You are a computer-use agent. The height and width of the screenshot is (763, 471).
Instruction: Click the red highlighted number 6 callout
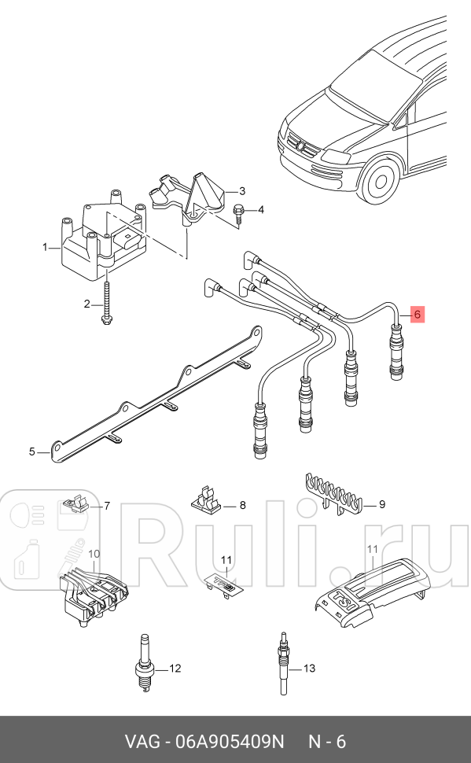pos(418,314)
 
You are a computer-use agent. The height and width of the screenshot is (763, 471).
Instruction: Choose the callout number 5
pos(32,452)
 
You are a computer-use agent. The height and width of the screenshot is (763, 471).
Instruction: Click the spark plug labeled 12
pos(143,668)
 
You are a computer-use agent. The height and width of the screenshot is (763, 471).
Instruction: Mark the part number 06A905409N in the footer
pos(220,741)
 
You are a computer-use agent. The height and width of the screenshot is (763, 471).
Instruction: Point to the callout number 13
pos(309,669)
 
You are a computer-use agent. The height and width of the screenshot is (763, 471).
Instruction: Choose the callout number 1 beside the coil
pos(45,247)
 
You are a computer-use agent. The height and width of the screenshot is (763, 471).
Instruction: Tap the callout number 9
pos(381,504)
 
